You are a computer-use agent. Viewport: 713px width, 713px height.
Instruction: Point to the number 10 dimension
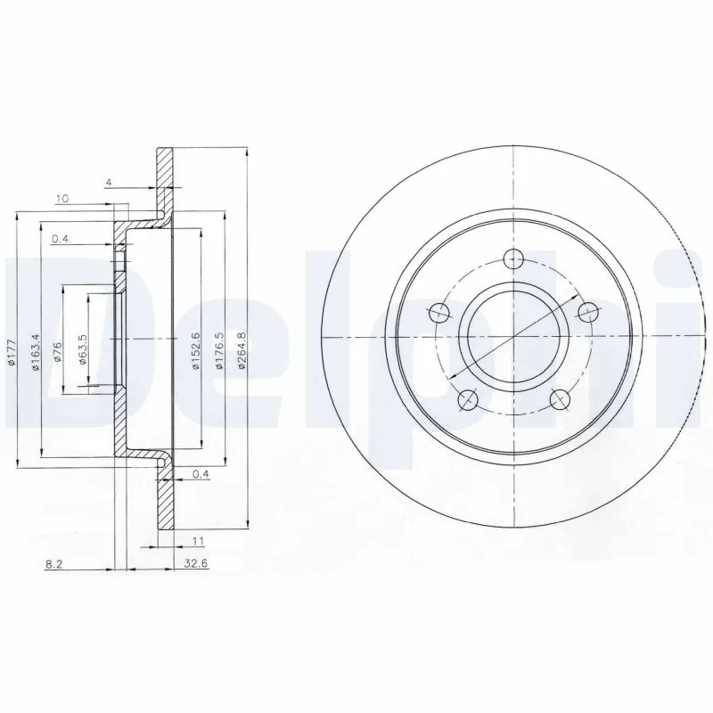click(x=61, y=199)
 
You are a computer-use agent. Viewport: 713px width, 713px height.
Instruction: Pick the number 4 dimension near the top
click(x=107, y=183)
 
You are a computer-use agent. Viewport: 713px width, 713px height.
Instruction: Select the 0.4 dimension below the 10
click(x=61, y=239)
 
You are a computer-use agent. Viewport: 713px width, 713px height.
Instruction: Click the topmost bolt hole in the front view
click(x=513, y=260)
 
